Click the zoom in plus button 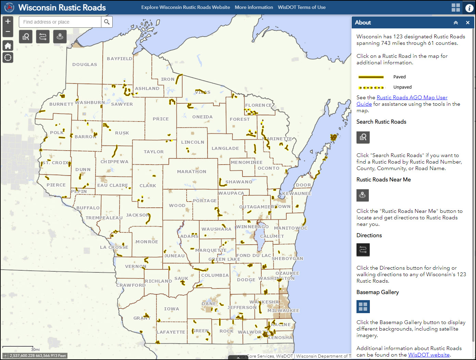coord(8,21)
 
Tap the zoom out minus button coord(8,32)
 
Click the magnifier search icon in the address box coord(107,22)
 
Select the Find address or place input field coord(60,22)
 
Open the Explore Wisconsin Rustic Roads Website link coord(186,7)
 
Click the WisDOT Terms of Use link coord(302,7)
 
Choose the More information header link coord(254,7)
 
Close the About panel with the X coord(467,23)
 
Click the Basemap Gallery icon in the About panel coord(363,307)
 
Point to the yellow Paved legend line coord(371,77)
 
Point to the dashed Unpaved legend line coord(371,87)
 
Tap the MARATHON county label coord(192,171)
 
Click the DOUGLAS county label coord(85,64)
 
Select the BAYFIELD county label coord(120,59)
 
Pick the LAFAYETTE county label coord(171,332)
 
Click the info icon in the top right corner coord(469,8)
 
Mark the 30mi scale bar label coord(35,349)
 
